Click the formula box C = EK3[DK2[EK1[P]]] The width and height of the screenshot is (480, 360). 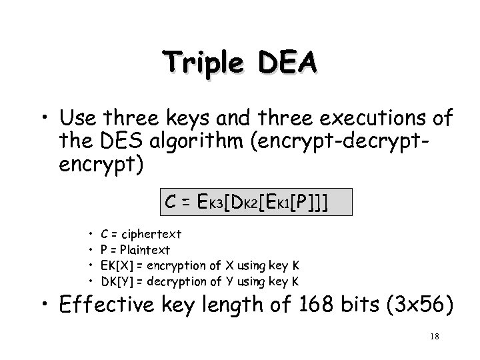coord(256,201)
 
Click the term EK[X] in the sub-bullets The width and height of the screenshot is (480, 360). coord(114,265)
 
